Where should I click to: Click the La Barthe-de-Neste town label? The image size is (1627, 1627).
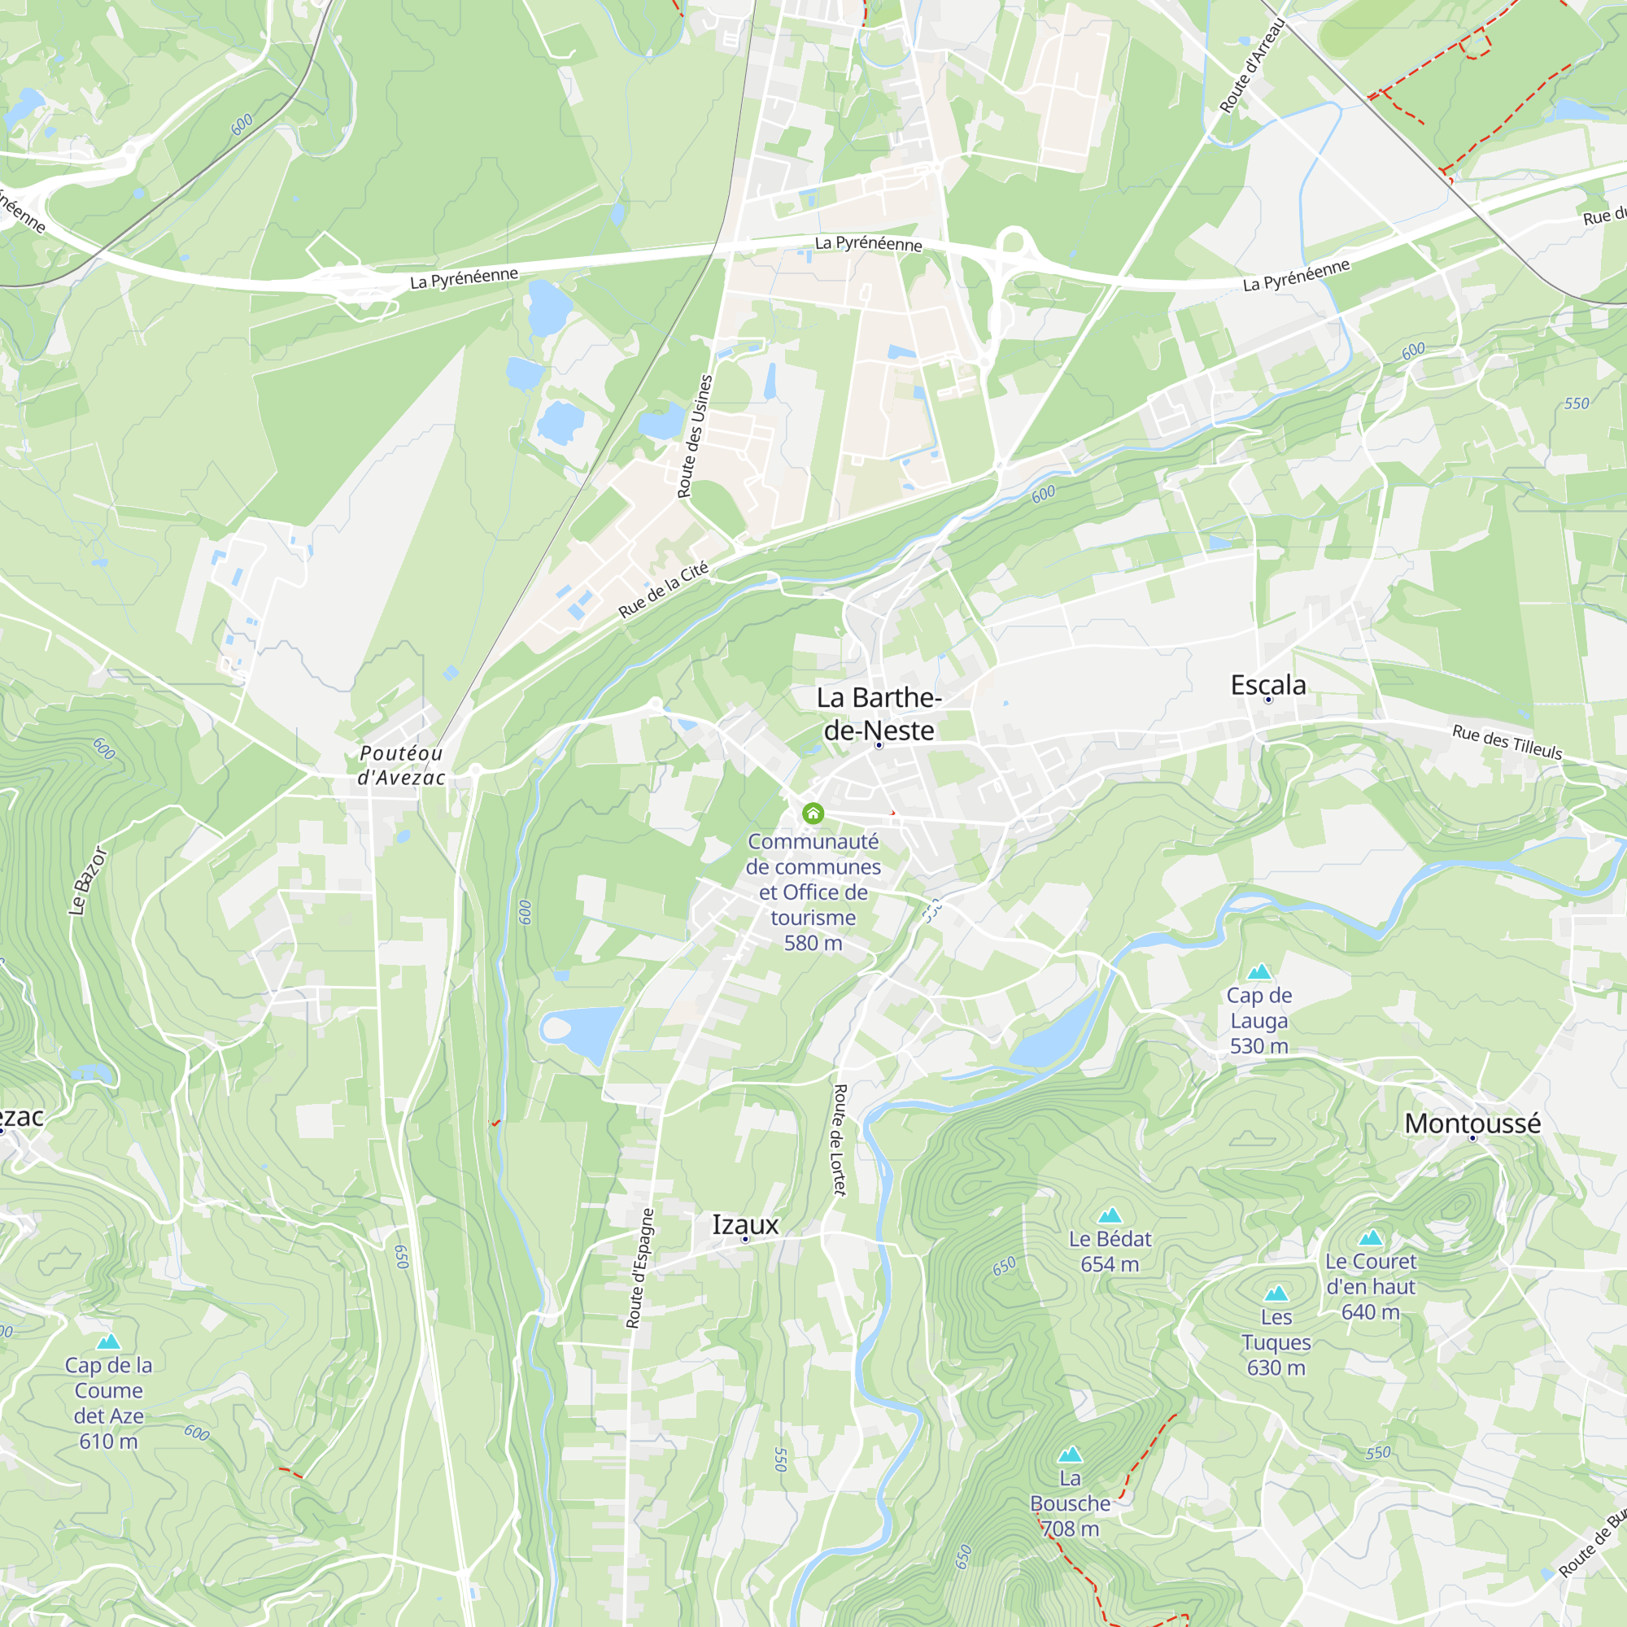click(x=879, y=713)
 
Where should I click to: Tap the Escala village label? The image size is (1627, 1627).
click(x=1267, y=685)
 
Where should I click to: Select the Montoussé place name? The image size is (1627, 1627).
click(x=1472, y=1123)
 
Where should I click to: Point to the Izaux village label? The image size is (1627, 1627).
click(x=745, y=1224)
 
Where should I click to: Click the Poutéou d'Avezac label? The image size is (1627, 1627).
click(x=401, y=765)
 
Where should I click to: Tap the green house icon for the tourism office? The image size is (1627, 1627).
click(x=813, y=813)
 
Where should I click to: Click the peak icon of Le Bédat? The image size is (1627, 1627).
click(x=1110, y=1215)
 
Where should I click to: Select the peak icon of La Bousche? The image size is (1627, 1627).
click(x=1070, y=1455)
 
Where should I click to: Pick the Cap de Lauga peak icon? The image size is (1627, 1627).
click(x=1259, y=972)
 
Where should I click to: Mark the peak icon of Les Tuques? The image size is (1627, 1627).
click(x=1276, y=1293)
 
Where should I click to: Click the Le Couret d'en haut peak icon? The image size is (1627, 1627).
click(x=1370, y=1238)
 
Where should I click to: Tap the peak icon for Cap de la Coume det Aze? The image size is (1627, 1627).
click(x=109, y=1341)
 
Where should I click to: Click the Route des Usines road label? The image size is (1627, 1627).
click(x=695, y=436)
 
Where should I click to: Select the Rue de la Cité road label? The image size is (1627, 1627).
click(x=664, y=590)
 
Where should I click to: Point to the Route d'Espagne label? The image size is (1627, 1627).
click(x=640, y=1268)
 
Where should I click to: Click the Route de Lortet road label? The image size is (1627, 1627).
click(x=839, y=1140)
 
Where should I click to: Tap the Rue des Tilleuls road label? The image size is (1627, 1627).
click(x=1507, y=742)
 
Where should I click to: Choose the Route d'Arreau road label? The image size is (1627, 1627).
click(x=1252, y=66)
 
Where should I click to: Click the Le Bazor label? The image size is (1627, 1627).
click(x=88, y=881)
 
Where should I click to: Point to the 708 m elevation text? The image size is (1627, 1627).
click(x=1070, y=1529)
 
